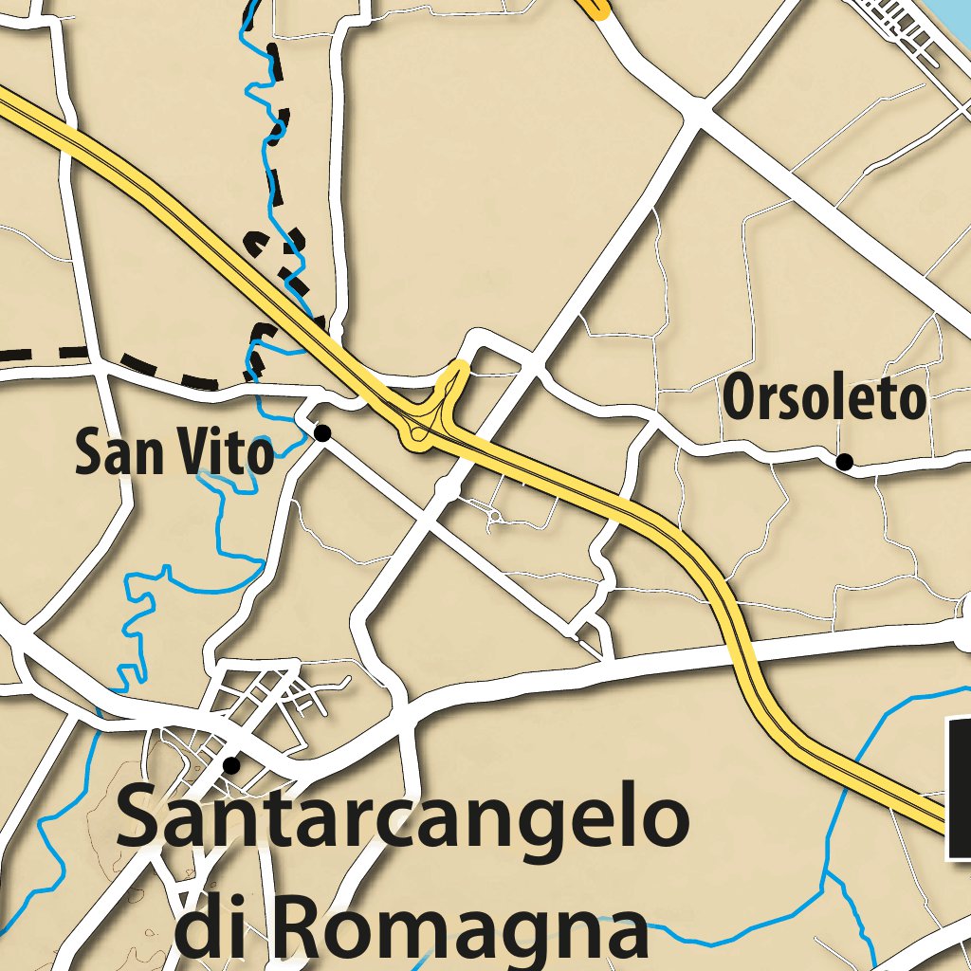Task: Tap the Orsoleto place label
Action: pos(823,399)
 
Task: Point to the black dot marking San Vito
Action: pos(322,433)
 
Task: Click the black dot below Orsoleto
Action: pos(843,462)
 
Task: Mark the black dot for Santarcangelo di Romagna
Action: pos(230,764)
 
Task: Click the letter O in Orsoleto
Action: pos(740,399)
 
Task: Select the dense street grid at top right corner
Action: pos(901,24)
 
